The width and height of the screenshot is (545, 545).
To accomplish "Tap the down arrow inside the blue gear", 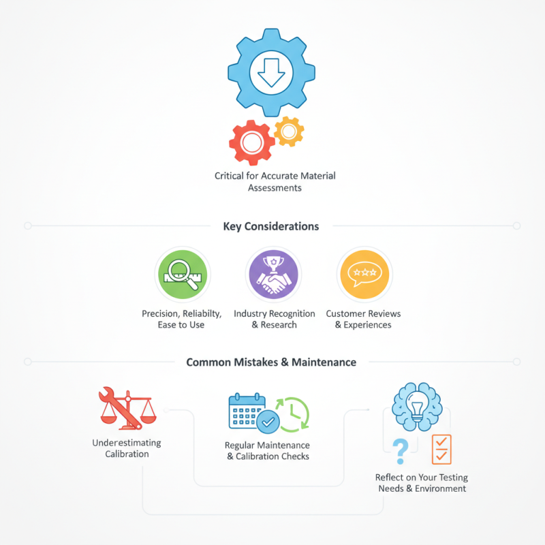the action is pyautogui.click(x=271, y=73).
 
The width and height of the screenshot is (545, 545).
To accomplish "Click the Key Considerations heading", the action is pyautogui.click(x=271, y=226).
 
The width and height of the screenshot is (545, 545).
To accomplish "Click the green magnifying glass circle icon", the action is pyautogui.click(x=183, y=275).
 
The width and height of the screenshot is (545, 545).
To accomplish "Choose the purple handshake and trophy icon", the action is pyautogui.click(x=274, y=275).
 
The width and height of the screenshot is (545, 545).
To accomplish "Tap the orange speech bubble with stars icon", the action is pyautogui.click(x=364, y=275).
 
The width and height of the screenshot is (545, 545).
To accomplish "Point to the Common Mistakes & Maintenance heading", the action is pyautogui.click(x=271, y=362).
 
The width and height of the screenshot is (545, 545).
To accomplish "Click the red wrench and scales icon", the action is pyautogui.click(x=127, y=408).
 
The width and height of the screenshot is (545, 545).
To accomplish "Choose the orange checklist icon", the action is pyautogui.click(x=441, y=450).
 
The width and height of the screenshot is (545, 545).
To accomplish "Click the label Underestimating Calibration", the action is pyautogui.click(x=127, y=448).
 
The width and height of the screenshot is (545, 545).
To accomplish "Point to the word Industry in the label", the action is pyautogui.click(x=250, y=313).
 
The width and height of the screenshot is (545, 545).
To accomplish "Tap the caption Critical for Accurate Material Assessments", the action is pyautogui.click(x=275, y=182).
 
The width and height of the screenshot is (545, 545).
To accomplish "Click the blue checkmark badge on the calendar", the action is pyautogui.click(x=268, y=422).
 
